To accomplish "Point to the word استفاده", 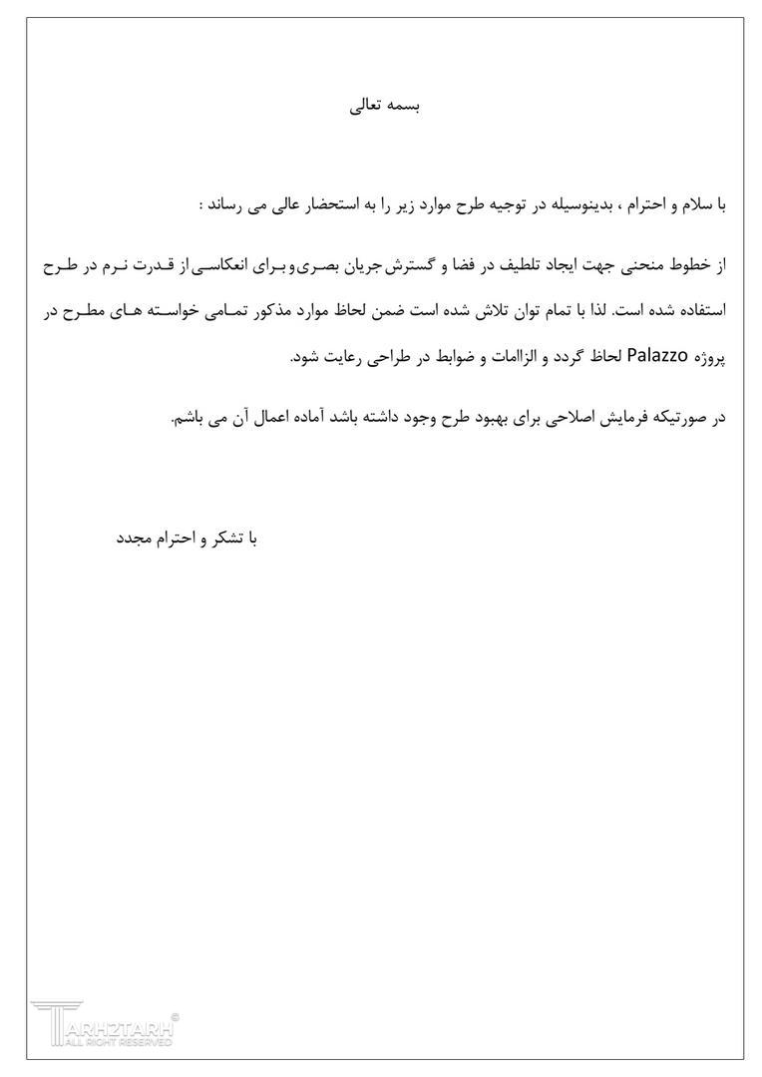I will (x=698, y=311).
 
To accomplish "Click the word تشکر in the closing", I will (x=225, y=538).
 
